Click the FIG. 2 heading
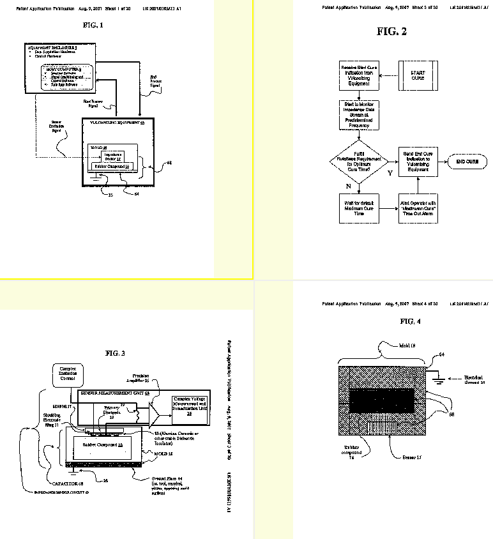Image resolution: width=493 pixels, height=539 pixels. [391, 31]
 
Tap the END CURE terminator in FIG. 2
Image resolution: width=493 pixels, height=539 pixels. [467, 162]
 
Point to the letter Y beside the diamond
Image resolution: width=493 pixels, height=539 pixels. [389, 173]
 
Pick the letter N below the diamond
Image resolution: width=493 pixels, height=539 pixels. [348, 186]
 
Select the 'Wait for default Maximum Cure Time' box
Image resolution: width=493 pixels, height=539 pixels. [358, 208]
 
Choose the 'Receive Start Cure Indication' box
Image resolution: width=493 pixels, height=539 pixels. [358, 75]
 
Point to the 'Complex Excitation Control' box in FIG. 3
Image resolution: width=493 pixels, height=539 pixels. [67, 374]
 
